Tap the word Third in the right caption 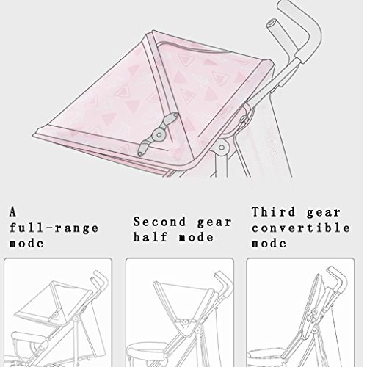coord(274,212)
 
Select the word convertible coord(301,228)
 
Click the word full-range coord(54,228)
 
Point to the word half coord(150,237)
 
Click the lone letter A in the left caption coord(12,212)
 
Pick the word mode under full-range coord(26,244)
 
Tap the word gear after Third coord(324,213)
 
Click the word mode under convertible coord(269,244)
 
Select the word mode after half coord(196,237)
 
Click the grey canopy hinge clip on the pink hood coord(158,134)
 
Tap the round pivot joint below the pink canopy coord(222,148)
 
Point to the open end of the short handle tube coord(272,24)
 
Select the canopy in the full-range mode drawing coord(54,303)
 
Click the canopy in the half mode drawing coord(183,306)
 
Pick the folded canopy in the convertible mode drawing coord(314,306)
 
